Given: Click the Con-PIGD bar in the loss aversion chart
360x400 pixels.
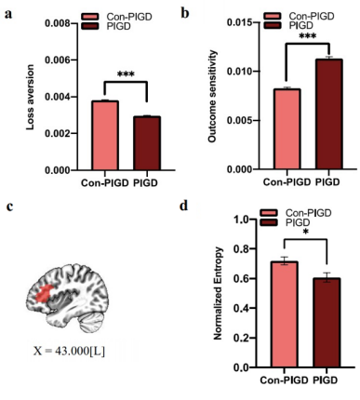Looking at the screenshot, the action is click(105, 135).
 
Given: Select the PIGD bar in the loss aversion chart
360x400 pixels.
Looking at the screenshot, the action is click(147, 143).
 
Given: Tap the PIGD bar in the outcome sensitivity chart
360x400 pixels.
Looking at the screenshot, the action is click(329, 113).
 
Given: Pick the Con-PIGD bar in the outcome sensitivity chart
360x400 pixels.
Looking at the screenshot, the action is click(287, 128).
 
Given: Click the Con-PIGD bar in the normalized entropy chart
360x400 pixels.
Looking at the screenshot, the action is click(284, 314).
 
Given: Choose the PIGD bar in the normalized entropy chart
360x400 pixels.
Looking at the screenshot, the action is click(327, 323).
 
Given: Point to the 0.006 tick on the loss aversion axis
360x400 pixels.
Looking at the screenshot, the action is click(61, 60).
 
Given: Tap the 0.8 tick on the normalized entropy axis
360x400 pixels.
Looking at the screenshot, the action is click(245, 248).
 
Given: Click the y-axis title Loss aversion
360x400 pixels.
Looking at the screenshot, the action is click(30, 97).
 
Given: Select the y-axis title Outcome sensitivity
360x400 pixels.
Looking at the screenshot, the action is click(212, 96).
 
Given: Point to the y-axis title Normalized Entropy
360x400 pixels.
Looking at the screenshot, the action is click(219, 293).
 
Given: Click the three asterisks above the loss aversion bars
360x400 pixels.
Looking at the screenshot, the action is click(126, 74).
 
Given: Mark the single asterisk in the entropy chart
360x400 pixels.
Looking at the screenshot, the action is click(306, 233).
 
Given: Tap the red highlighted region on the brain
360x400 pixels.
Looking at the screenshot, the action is click(44, 293).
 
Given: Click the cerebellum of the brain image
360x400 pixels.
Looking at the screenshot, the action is click(92, 323).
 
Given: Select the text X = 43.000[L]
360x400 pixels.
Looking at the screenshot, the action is click(69, 351).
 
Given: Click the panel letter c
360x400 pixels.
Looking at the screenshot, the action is click(9, 207).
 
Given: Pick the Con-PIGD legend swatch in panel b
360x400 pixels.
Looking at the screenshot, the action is click(273, 16).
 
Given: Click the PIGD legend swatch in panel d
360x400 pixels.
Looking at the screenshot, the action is click(269, 222).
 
